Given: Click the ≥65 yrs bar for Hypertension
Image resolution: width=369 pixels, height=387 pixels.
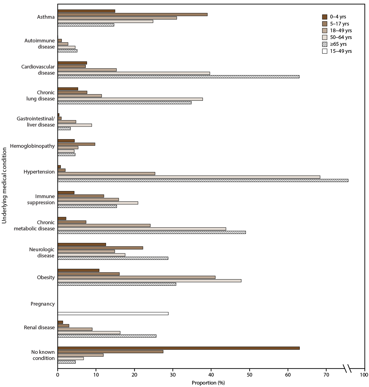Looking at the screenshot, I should [203, 180].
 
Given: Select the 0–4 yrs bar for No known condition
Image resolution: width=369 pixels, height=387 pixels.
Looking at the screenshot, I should [178, 348].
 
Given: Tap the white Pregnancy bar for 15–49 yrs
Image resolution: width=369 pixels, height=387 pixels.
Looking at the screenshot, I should [113, 314].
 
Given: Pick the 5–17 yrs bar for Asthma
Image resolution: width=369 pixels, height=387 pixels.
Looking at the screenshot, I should [132, 14].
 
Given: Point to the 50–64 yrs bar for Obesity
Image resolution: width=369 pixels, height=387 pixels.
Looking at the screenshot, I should [149, 281].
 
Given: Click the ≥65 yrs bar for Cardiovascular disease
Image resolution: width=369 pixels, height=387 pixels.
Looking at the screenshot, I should [178, 76].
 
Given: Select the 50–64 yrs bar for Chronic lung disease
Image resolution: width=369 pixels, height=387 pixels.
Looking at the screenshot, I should [130, 99].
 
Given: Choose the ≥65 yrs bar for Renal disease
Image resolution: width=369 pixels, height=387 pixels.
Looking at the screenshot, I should [107, 336].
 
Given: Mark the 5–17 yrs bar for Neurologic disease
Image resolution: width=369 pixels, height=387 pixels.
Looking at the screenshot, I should [100, 248].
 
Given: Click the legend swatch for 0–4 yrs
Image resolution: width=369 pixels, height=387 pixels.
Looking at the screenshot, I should [324, 17].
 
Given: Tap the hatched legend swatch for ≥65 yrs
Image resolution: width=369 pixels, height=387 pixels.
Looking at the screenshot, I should [324, 44].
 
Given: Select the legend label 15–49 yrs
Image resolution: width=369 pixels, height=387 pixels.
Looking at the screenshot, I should [341, 51].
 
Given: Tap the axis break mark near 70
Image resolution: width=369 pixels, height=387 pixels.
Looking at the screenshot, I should [347, 368].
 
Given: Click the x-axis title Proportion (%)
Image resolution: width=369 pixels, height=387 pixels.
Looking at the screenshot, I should [208, 383].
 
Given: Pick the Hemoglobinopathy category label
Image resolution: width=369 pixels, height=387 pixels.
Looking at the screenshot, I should [32, 146].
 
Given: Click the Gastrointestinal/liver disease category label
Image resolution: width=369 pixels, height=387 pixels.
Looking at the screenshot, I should [36, 122].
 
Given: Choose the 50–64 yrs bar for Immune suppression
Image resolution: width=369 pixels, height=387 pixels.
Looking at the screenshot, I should [98, 203].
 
